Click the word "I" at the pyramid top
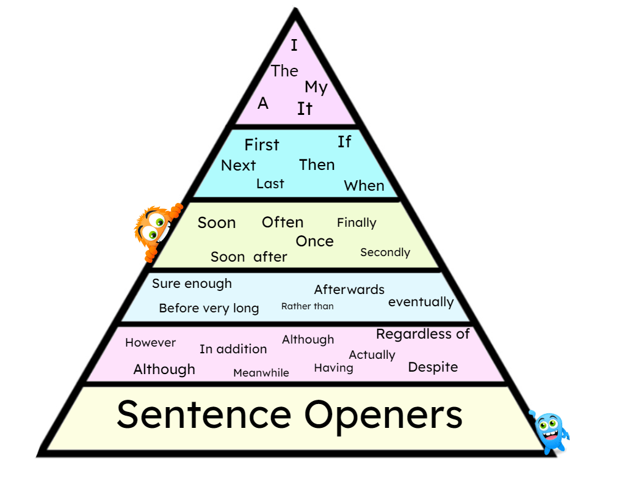point(294,45)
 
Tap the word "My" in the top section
point(316,87)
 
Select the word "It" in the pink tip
point(305,109)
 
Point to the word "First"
point(261,145)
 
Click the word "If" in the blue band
point(344,142)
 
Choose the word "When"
point(364,186)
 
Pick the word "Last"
point(270,183)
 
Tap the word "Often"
point(282,222)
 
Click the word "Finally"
point(356,223)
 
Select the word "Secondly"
point(385,252)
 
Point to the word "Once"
point(314,241)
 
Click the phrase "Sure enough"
point(192,284)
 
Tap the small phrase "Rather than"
point(307,306)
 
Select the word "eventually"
point(421,302)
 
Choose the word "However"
point(150,343)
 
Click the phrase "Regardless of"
point(422,334)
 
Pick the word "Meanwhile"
point(261,373)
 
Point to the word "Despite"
point(433,367)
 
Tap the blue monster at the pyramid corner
point(550,432)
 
